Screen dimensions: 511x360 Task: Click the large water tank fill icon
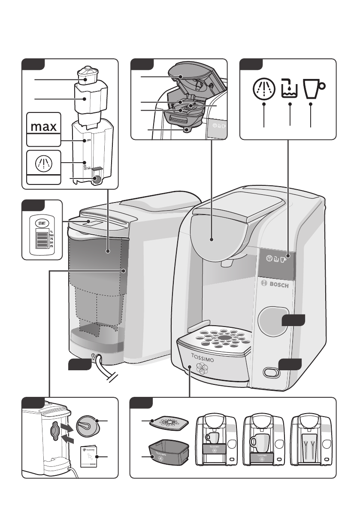[x=289, y=89]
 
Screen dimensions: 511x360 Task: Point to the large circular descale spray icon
[x=263, y=89]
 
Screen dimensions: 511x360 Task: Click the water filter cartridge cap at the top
[x=86, y=74]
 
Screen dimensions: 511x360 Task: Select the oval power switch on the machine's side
[x=269, y=372]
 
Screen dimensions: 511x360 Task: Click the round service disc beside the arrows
[x=88, y=427]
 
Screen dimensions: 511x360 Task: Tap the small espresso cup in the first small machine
[x=212, y=438]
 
